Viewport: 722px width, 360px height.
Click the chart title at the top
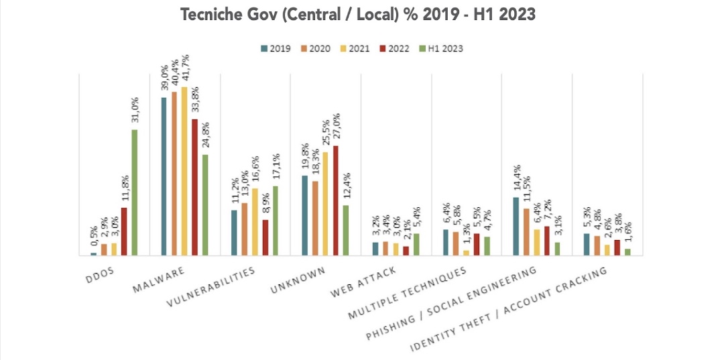(x=358, y=15)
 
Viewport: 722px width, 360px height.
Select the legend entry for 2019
(x=276, y=48)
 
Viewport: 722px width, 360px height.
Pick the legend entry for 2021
(x=356, y=48)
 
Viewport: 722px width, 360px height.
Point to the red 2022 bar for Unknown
(x=336, y=200)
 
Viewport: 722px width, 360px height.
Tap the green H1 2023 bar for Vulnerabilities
(x=276, y=221)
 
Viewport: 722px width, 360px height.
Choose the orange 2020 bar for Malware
(x=174, y=174)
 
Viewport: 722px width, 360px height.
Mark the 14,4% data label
(x=517, y=178)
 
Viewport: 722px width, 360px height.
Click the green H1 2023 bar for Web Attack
(x=416, y=244)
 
